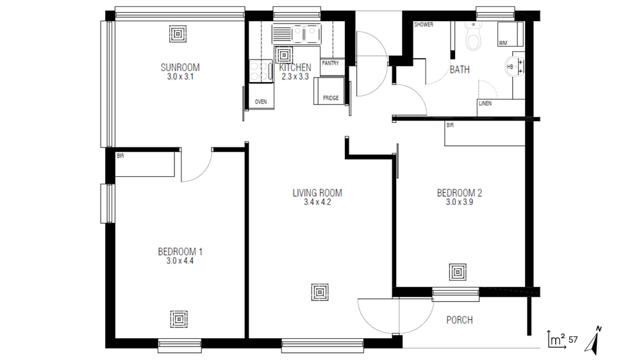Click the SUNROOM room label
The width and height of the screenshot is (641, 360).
click(x=180, y=67)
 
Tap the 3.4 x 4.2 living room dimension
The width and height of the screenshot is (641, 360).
click(x=317, y=202)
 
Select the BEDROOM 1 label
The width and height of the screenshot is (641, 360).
click(x=180, y=252)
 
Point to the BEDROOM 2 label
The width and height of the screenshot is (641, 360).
click(x=460, y=193)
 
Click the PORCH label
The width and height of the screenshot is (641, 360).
click(x=460, y=320)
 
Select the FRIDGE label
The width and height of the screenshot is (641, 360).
click(x=331, y=98)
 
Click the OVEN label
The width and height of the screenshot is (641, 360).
click(x=261, y=102)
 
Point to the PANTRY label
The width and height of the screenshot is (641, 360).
click(x=330, y=63)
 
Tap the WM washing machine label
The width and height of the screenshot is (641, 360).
click(x=503, y=43)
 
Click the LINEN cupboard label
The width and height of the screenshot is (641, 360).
click(x=485, y=103)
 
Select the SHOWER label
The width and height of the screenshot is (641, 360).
click(x=424, y=24)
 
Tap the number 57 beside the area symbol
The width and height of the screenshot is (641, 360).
click(x=573, y=340)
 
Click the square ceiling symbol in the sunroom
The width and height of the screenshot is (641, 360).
click(x=178, y=34)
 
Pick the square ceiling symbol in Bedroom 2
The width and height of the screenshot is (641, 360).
click(x=458, y=272)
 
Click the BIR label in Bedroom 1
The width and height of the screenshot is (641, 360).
click(x=121, y=156)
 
